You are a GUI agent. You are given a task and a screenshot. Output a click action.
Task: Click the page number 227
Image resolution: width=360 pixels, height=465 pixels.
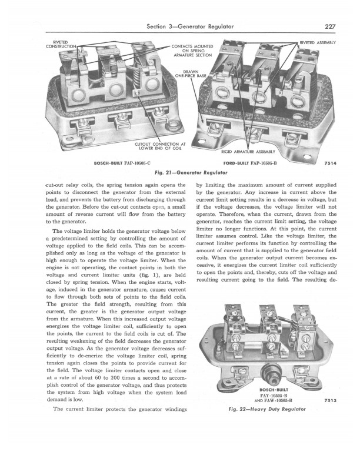click(x=330, y=26)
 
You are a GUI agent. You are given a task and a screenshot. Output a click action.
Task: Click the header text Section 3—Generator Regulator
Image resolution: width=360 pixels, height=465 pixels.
click(x=190, y=26)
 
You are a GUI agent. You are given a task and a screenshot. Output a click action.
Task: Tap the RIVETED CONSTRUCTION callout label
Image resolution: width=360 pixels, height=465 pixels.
click(x=61, y=44)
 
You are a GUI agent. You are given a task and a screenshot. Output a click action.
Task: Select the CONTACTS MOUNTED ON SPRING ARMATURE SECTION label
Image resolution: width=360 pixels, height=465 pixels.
click(x=192, y=51)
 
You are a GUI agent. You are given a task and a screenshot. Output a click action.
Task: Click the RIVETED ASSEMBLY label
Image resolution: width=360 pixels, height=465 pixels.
click(x=318, y=43)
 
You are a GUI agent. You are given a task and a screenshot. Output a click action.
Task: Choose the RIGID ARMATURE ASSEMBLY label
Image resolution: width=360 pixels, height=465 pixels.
click(x=248, y=152)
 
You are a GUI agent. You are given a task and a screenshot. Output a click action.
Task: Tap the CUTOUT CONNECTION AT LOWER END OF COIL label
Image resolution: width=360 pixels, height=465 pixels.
click(x=160, y=146)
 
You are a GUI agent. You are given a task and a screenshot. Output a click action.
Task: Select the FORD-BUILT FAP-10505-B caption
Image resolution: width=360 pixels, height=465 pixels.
click(x=250, y=163)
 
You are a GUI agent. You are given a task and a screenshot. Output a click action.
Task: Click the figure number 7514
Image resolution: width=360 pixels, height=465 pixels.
click(x=331, y=163)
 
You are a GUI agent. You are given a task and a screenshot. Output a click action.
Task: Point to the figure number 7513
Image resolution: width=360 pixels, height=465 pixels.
click(x=331, y=400)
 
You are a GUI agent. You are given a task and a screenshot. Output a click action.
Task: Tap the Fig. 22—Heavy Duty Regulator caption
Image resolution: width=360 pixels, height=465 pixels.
click(x=267, y=409)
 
